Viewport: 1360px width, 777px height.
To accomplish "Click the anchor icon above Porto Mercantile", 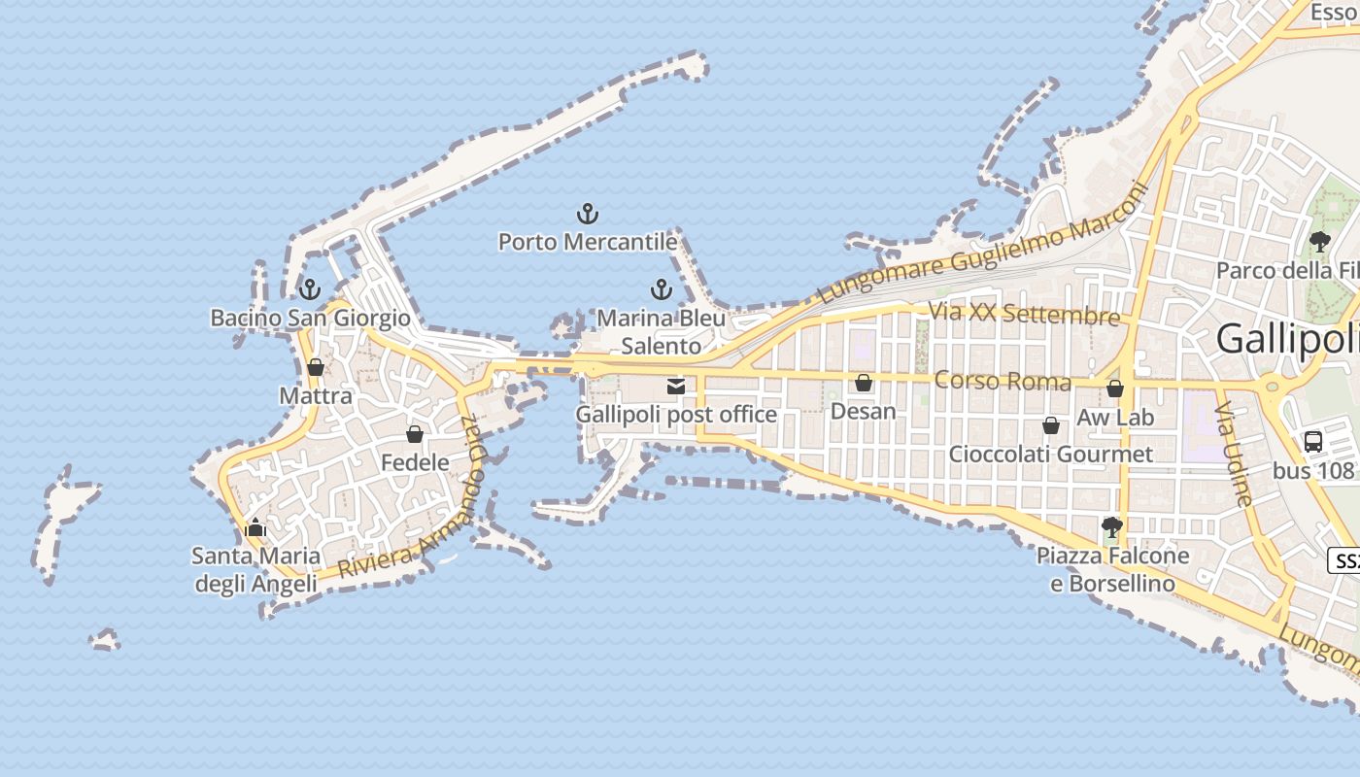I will tap(587, 213).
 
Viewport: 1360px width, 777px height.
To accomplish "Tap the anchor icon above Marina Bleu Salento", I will tap(661, 289).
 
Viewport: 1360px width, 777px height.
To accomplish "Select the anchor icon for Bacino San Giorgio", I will tap(309, 289).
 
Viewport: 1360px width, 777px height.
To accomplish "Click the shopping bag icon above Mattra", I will tap(315, 367).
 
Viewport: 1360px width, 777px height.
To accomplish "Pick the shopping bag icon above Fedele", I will tap(415, 434).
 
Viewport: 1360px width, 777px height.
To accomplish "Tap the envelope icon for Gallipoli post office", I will tap(676, 387).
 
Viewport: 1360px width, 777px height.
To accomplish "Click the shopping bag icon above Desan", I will tap(863, 383).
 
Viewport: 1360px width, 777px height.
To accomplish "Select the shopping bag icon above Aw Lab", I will tap(1115, 388).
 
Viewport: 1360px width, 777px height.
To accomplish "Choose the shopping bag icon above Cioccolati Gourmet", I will tap(1050, 425).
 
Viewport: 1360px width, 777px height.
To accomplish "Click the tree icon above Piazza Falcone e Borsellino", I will tap(1112, 527).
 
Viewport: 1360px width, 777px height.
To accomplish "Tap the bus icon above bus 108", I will tap(1313, 441).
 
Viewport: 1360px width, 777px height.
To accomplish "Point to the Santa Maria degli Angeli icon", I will tap(255, 528).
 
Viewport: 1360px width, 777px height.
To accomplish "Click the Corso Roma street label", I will tap(1003, 380).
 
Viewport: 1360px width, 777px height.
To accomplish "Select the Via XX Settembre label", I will tap(1024, 315).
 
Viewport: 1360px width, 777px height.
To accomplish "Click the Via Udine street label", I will tap(1235, 454).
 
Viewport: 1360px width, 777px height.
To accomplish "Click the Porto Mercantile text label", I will tap(587, 241).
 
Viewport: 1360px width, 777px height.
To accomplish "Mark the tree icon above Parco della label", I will tap(1319, 241).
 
